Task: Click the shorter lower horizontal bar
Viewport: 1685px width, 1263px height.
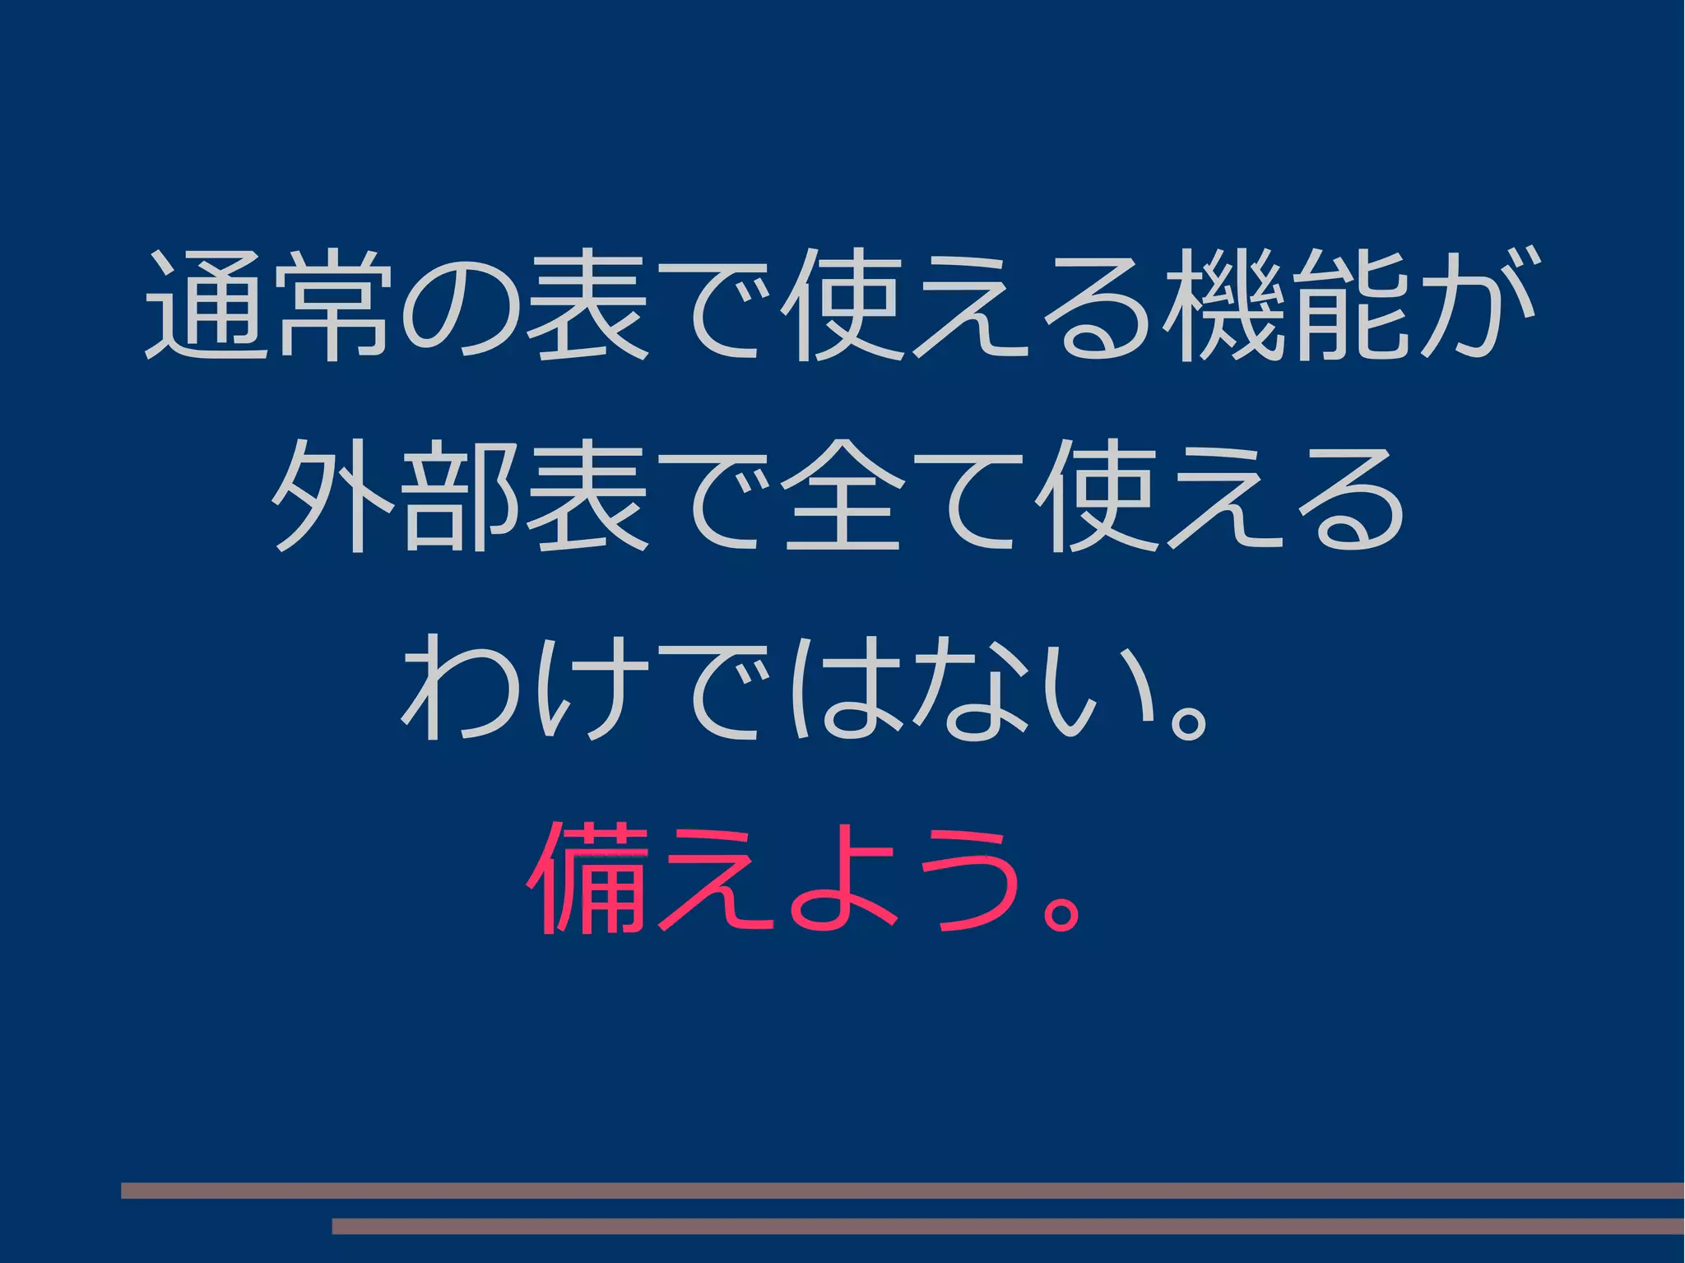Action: tap(1008, 1226)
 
